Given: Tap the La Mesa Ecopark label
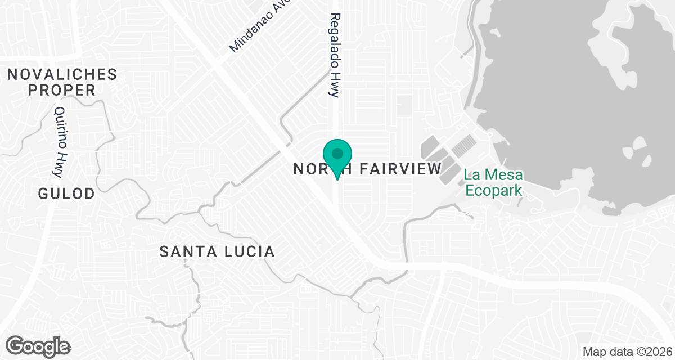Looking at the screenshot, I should pos(493,183).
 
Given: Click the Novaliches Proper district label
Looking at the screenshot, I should pos(62,82).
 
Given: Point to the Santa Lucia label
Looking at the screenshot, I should pos(217,251).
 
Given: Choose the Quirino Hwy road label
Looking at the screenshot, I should pos(61,135).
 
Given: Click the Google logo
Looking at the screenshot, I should pos(38,345).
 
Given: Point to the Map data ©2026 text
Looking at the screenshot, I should pos(627,352).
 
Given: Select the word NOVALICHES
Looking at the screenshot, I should pos(62,74).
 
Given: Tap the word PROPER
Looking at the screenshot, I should pos(62,90).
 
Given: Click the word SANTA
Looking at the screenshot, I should pos(185,251).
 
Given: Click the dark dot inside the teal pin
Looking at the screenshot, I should pos(337,153).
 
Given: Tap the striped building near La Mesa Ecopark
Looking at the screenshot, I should pos(463,146).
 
